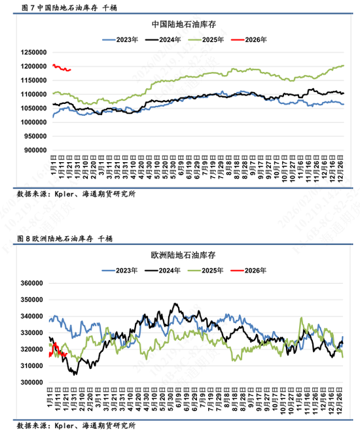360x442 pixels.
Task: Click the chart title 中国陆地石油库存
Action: tap(184, 24)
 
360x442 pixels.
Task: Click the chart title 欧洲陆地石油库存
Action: tap(184, 255)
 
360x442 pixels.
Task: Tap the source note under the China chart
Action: tap(76, 194)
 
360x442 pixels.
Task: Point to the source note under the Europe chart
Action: tap(76, 426)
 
